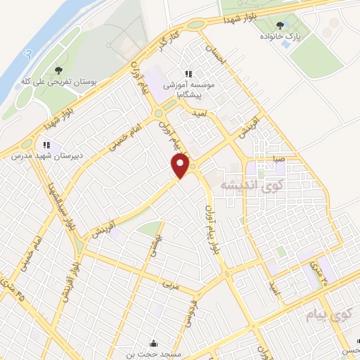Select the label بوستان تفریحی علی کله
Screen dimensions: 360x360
pos(59,82)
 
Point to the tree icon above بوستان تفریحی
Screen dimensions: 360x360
pos(59,71)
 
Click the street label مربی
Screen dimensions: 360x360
pos(169,285)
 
